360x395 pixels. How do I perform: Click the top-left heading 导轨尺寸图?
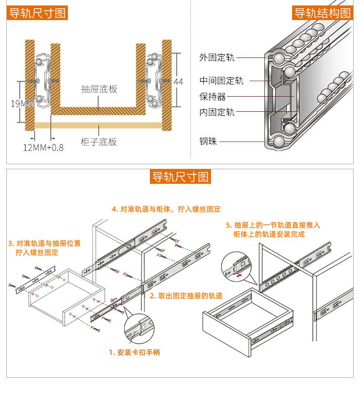click(x=37, y=13)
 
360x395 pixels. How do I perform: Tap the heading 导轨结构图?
click(x=322, y=13)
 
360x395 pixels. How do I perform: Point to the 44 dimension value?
click(x=178, y=82)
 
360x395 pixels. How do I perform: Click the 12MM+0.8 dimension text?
click(x=43, y=147)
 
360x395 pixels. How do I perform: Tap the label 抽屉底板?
click(x=99, y=89)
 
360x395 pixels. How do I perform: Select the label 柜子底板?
click(x=99, y=142)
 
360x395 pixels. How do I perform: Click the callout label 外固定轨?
click(x=216, y=57)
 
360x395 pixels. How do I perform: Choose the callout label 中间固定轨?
click(x=221, y=81)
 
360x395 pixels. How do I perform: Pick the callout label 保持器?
click(x=212, y=97)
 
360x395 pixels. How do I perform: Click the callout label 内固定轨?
click(x=216, y=112)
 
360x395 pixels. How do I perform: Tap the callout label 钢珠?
click(x=208, y=141)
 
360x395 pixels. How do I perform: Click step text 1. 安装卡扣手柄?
click(x=134, y=352)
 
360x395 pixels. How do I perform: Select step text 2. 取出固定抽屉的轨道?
click(x=186, y=296)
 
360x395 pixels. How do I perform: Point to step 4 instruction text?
click(x=166, y=209)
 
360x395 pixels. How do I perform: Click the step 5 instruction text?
click(x=273, y=229)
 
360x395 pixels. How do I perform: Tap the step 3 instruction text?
click(x=45, y=247)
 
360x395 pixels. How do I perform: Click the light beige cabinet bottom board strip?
click(x=98, y=125)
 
